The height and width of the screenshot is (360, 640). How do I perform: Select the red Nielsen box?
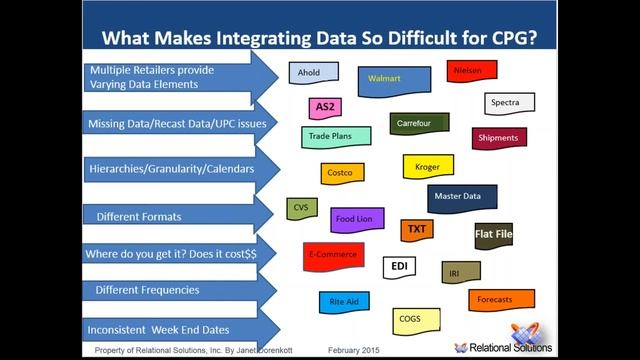[x=472, y=72]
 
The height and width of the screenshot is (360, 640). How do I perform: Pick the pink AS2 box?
[x=325, y=107]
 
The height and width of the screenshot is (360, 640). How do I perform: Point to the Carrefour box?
[x=418, y=124]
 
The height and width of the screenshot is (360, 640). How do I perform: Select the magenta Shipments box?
[x=498, y=138]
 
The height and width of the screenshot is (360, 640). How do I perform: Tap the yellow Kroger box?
[x=427, y=167]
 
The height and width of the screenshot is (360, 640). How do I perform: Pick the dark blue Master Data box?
[x=461, y=197]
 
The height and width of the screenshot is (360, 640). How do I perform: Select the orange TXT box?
[x=417, y=231]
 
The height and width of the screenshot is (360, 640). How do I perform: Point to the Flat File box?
[x=493, y=235]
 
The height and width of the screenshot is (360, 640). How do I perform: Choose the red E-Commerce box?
[x=333, y=255]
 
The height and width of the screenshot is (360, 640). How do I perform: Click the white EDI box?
[x=399, y=267]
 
